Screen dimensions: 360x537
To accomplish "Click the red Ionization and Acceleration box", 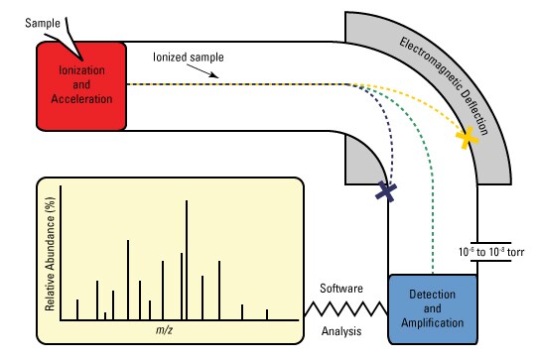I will click(81, 86).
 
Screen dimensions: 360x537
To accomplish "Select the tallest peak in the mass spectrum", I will click(187, 260).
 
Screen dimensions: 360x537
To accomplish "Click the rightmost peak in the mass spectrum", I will click(267, 313).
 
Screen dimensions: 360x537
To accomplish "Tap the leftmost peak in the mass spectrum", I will click(77, 308).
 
